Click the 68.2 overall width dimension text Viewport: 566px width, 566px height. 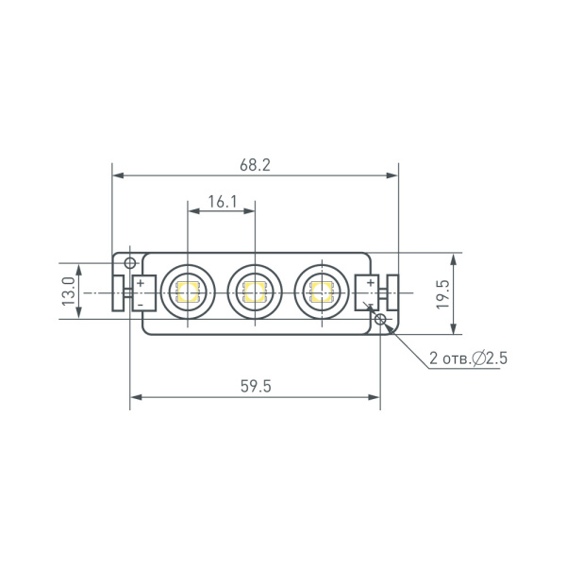[255, 164]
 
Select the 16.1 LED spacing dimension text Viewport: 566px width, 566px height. [221, 201]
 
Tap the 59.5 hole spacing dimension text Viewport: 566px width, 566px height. [255, 387]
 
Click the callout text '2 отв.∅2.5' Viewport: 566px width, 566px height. [469, 358]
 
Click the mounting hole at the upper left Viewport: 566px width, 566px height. [130, 261]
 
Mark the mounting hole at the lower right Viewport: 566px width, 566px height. [380, 321]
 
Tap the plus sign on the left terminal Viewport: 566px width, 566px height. [141, 282]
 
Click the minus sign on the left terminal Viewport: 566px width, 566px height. [141, 304]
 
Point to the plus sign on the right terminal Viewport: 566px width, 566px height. [370, 282]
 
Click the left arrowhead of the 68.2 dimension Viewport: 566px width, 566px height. [117, 175]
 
